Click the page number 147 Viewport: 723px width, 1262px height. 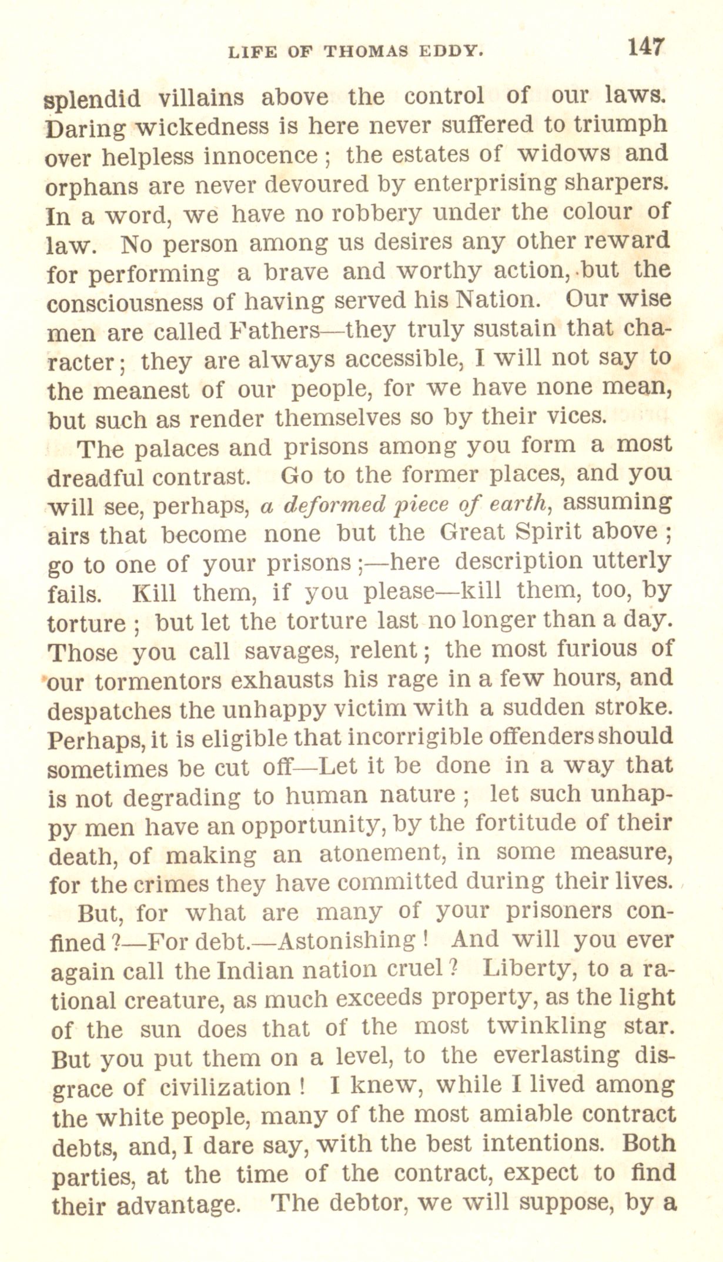point(645,46)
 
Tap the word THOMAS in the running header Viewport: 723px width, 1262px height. point(366,51)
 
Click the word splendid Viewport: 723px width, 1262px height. point(92,98)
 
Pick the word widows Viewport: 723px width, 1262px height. point(563,153)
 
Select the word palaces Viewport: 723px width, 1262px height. point(176,448)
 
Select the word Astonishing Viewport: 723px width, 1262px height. point(346,940)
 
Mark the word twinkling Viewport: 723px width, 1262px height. point(546,1026)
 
